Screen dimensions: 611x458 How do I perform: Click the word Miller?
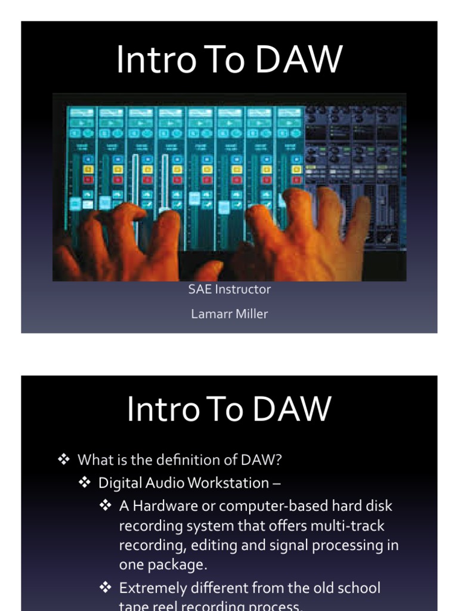pyautogui.click(x=250, y=313)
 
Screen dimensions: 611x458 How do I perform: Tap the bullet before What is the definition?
pyautogui.click(x=64, y=459)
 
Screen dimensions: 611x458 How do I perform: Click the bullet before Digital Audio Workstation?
pyautogui.click(x=85, y=482)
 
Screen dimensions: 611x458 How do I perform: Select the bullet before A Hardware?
pyautogui.click(x=106, y=505)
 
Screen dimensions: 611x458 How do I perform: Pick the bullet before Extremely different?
pyautogui.click(x=106, y=588)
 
